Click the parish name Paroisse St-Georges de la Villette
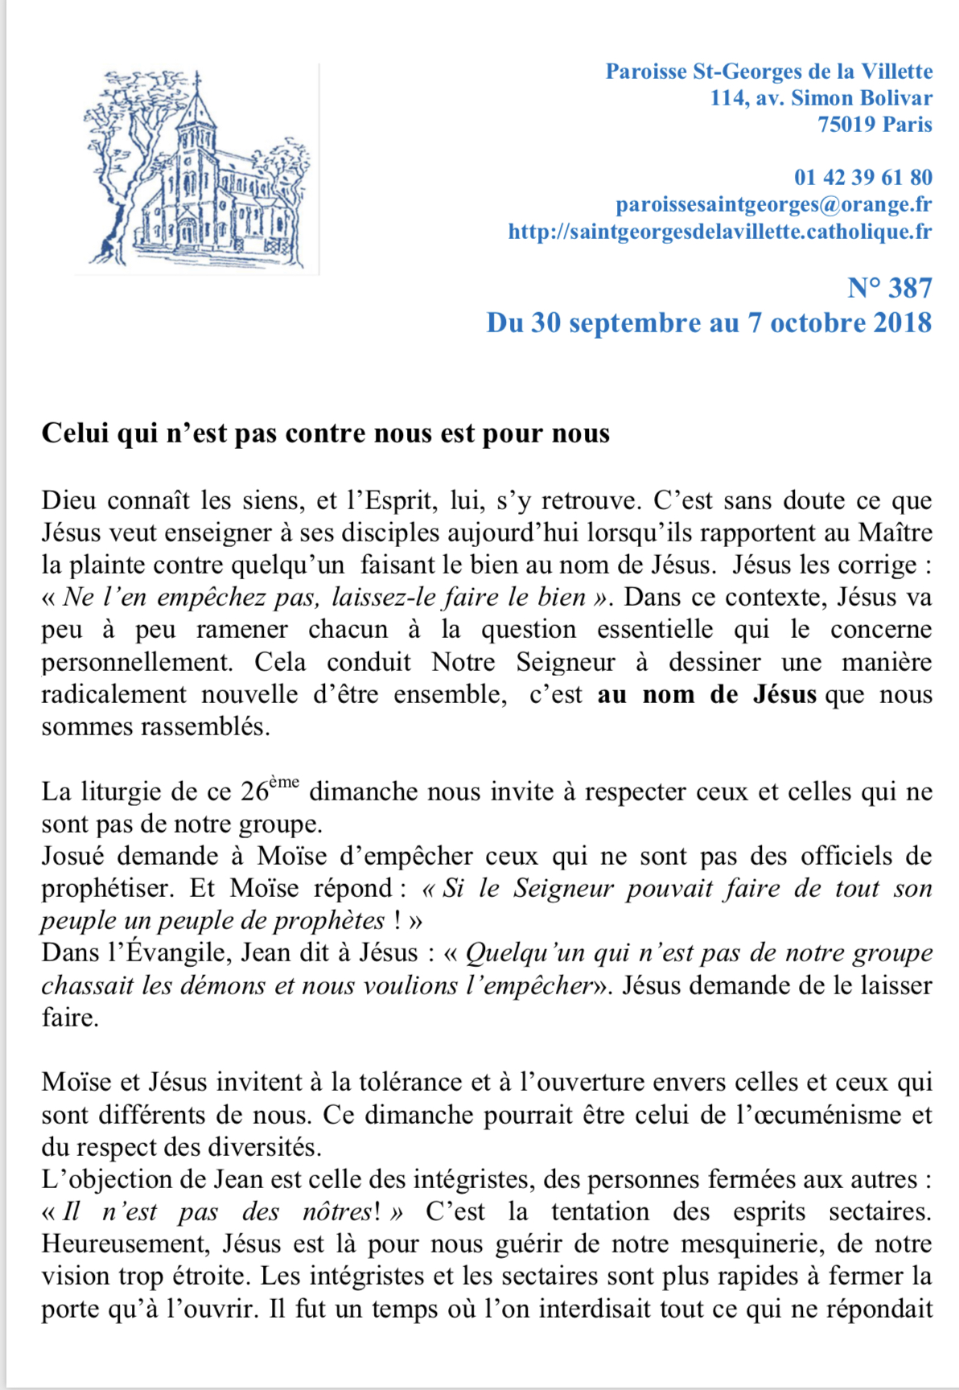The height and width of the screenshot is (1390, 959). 768,72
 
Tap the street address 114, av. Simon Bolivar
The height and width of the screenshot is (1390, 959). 821,98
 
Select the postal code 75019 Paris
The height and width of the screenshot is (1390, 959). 875,125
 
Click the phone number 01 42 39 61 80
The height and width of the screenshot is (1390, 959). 862,178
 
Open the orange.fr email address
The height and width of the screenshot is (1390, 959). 773,204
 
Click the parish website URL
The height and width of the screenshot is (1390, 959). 719,232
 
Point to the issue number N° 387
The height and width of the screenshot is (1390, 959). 889,288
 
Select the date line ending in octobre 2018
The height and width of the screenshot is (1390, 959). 709,323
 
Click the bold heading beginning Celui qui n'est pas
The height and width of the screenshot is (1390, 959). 325,433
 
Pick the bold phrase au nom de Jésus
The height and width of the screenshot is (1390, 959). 706,694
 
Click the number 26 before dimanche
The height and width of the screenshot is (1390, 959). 254,792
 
